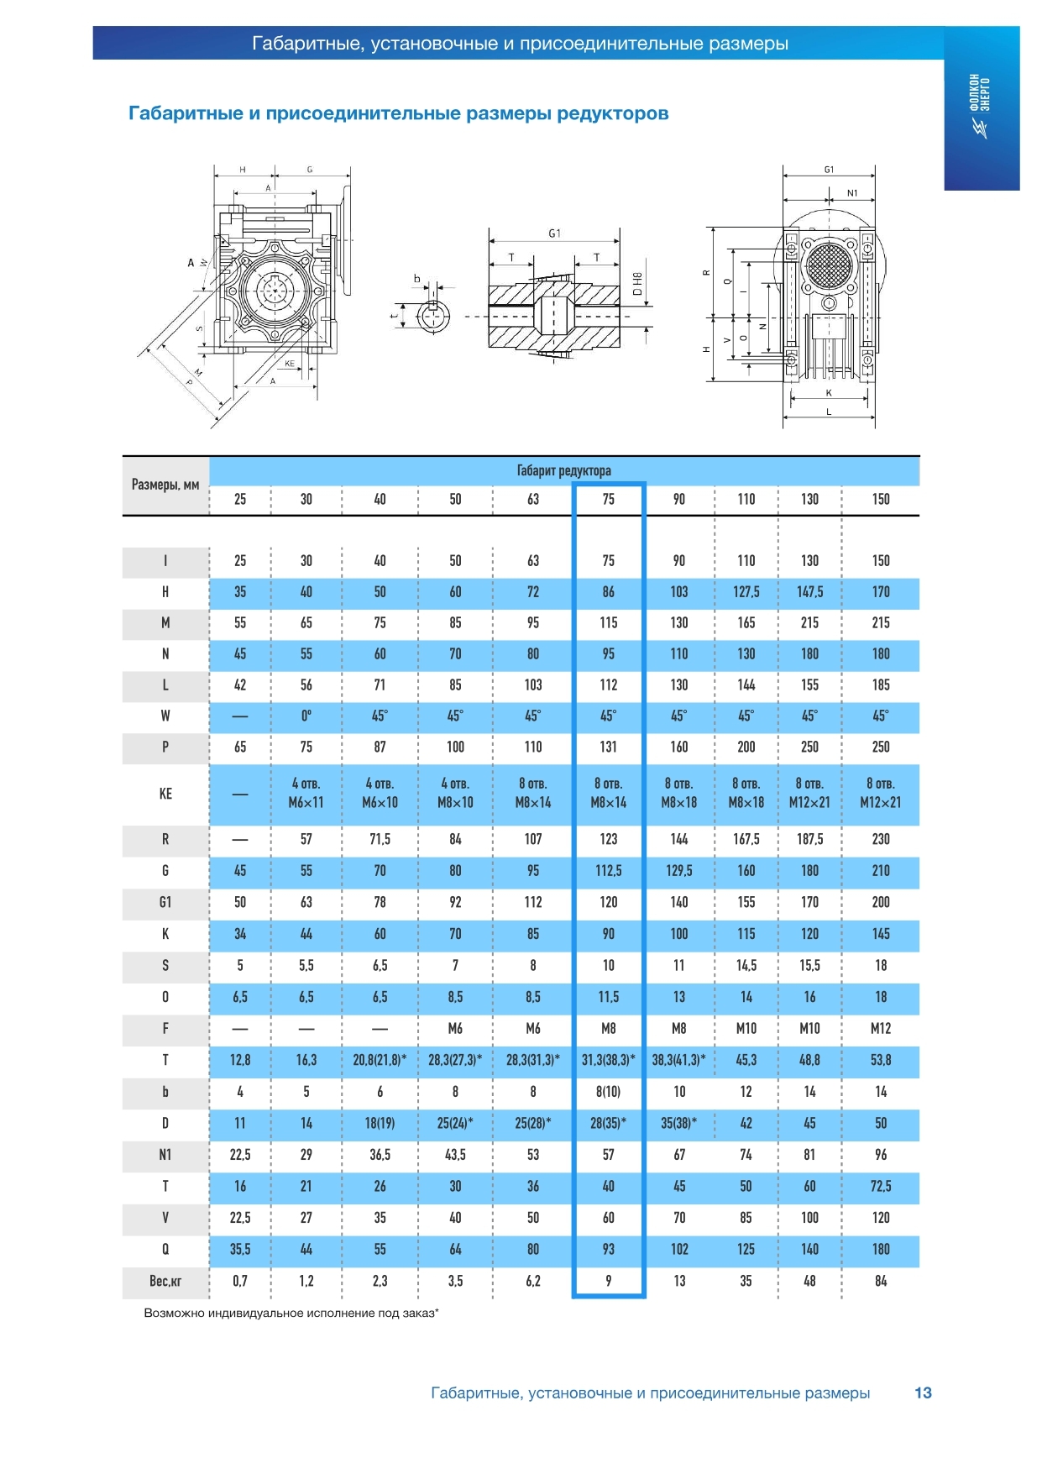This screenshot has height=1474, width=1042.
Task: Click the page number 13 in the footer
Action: pyautogui.click(x=923, y=1393)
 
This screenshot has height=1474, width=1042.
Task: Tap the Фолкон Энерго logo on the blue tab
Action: pyautogui.click(x=980, y=105)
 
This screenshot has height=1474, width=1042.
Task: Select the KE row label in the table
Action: pyautogui.click(x=165, y=794)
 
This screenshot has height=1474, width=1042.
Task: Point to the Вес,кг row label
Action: pyautogui.click(x=165, y=1281)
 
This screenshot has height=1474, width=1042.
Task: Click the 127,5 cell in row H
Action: pyautogui.click(x=746, y=592)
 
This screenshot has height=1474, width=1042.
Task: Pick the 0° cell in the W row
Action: pyautogui.click(x=306, y=716)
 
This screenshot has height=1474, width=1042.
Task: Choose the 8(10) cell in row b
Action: pyautogui.click(x=608, y=1092)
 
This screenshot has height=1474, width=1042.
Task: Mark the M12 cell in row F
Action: pyautogui.click(x=880, y=1029)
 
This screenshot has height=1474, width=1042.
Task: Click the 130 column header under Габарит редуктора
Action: pyautogui.click(x=809, y=499)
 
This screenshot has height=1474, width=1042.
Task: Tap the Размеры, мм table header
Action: pyautogui.click(x=165, y=485)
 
